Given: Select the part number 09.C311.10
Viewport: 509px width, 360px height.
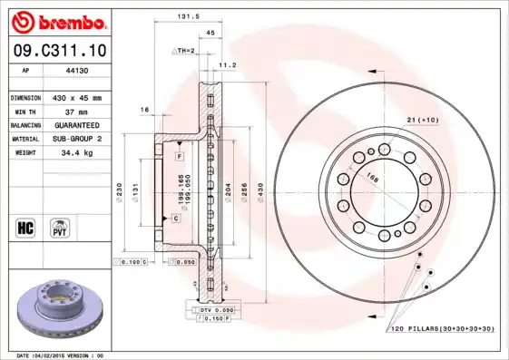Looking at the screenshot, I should point(57,53).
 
